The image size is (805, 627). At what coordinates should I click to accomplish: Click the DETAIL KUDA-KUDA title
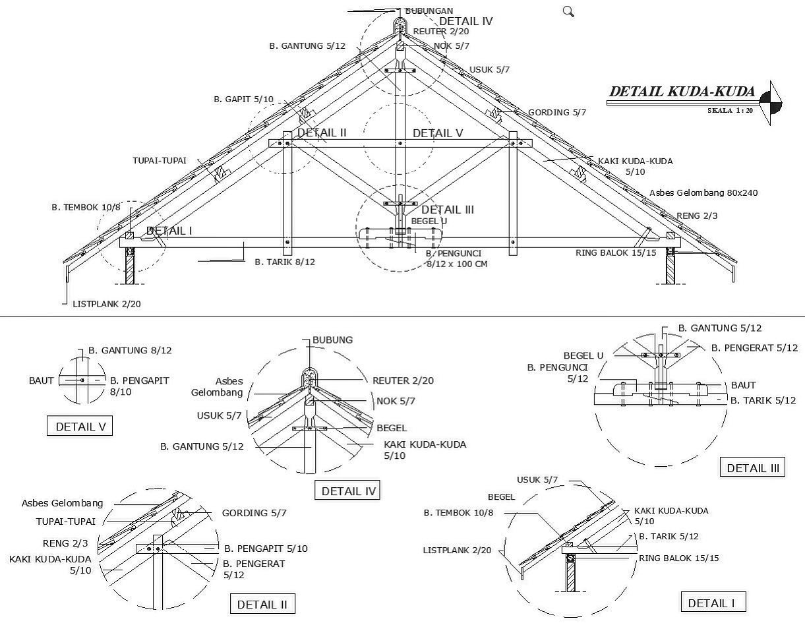pyautogui.click(x=682, y=92)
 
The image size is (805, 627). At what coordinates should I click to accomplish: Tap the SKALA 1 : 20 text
pyautogui.click(x=730, y=110)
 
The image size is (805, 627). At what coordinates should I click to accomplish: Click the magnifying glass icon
pyautogui.click(x=568, y=11)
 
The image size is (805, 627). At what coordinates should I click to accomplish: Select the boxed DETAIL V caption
pyautogui.click(x=80, y=427)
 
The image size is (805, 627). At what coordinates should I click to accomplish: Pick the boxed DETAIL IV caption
pyautogui.click(x=347, y=491)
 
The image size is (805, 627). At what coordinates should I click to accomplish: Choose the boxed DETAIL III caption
pyautogui.click(x=752, y=467)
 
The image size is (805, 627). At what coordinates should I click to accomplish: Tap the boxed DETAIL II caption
pyautogui.click(x=262, y=605)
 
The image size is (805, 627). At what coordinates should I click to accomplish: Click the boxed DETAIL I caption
pyautogui.click(x=713, y=603)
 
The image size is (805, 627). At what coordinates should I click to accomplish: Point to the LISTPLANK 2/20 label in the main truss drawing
pyautogui.click(x=107, y=304)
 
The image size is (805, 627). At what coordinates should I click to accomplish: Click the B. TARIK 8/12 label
pyautogui.click(x=285, y=262)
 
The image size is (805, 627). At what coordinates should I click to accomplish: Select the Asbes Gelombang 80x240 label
pyautogui.click(x=703, y=193)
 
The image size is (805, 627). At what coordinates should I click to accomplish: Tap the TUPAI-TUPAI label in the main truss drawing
pyautogui.click(x=160, y=160)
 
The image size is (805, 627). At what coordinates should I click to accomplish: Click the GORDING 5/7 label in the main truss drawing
pyautogui.click(x=557, y=112)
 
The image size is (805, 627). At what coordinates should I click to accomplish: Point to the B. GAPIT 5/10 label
pyautogui.click(x=243, y=100)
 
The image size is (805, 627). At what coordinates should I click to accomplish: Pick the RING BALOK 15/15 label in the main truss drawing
pyautogui.click(x=616, y=253)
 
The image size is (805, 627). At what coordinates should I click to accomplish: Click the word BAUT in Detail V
pyautogui.click(x=41, y=380)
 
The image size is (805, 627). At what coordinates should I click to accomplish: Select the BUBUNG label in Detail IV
pyautogui.click(x=333, y=340)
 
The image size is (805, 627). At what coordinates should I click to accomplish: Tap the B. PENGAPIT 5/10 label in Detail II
pyautogui.click(x=266, y=549)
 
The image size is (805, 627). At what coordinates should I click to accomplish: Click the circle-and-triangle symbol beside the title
pyautogui.click(x=771, y=103)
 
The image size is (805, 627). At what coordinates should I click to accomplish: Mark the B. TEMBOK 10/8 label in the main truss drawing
pyautogui.click(x=86, y=208)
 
